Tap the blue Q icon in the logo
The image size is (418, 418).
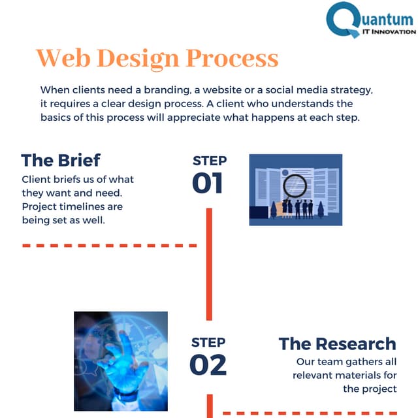(x=344, y=20)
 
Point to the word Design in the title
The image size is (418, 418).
(x=137, y=58)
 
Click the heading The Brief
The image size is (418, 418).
(x=60, y=161)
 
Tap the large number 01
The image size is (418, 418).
(x=208, y=183)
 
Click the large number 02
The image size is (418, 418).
(x=208, y=364)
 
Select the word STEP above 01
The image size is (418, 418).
(x=210, y=161)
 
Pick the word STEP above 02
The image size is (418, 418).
(x=208, y=342)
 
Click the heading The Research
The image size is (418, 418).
(x=337, y=344)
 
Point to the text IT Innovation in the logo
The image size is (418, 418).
(x=388, y=31)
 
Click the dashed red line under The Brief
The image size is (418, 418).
(x=109, y=246)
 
